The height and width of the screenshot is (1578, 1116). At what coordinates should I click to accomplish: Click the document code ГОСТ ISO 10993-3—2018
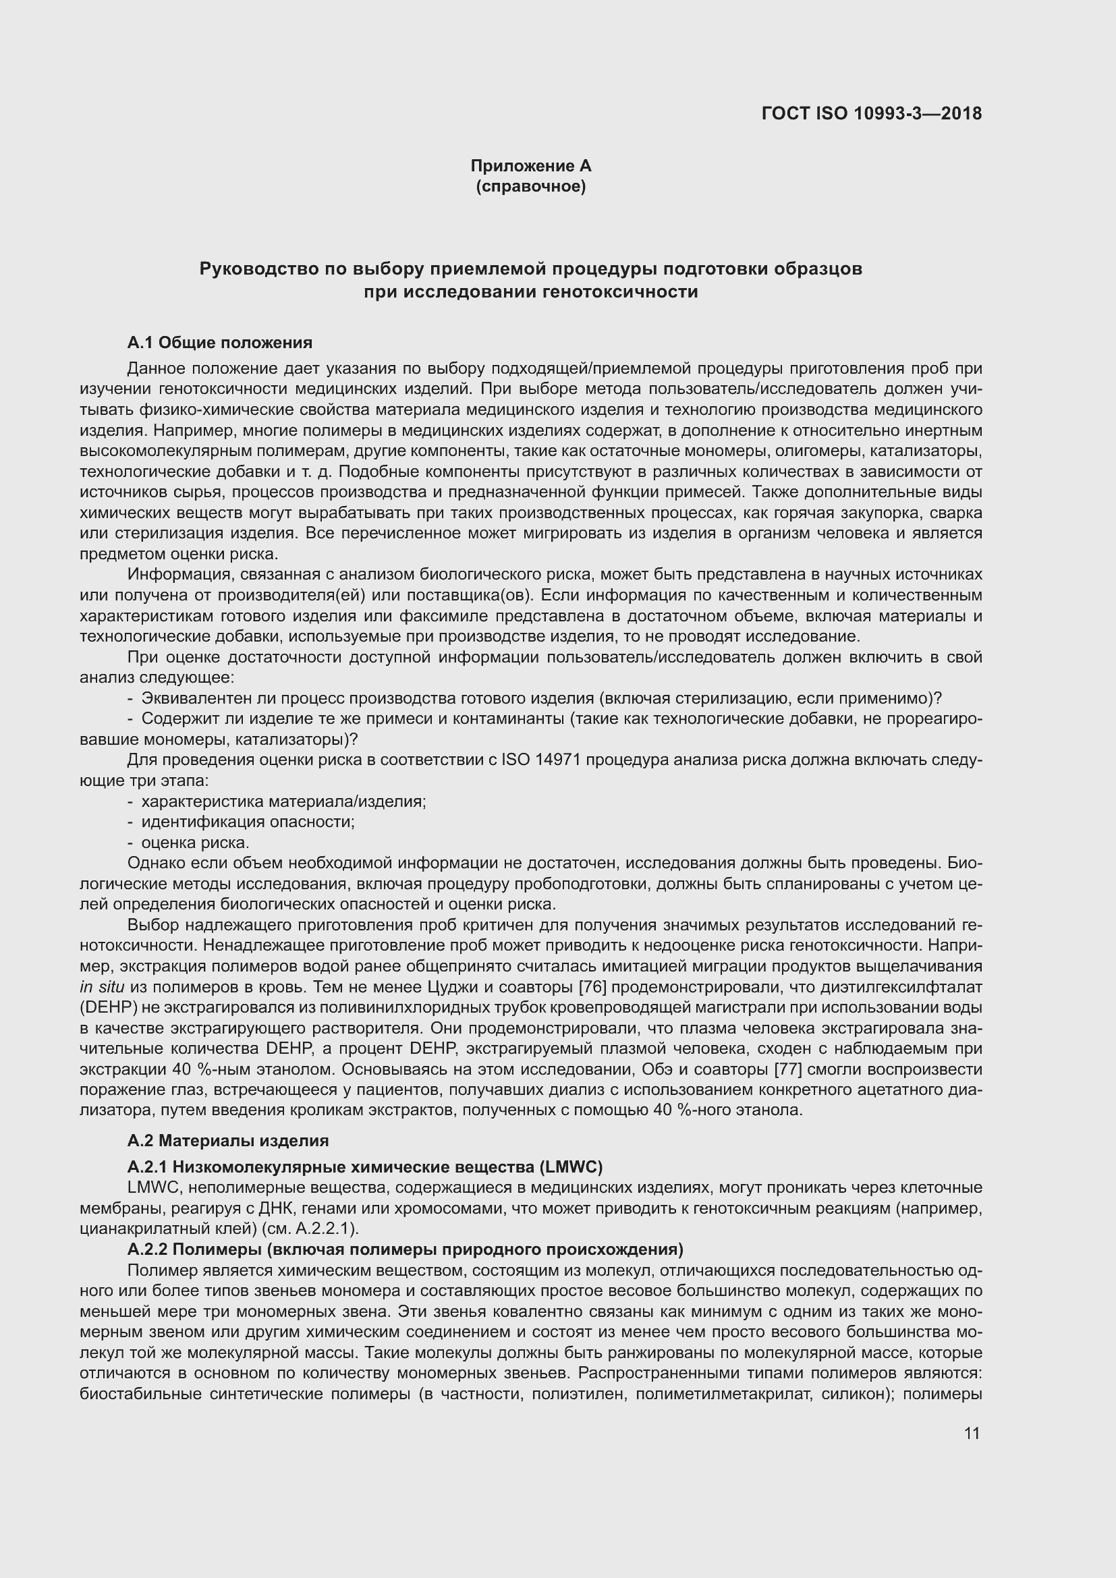[x=871, y=113]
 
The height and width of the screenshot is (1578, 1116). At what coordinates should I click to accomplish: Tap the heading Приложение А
[x=530, y=166]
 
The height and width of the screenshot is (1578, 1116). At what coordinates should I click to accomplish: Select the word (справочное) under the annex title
[x=530, y=186]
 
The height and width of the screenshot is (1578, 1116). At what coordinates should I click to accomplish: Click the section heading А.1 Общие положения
[x=219, y=342]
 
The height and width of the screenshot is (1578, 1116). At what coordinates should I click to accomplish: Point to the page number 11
[x=972, y=1433]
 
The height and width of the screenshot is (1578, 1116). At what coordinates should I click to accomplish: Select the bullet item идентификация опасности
[x=248, y=821]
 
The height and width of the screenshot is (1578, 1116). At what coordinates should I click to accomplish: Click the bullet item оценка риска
[x=194, y=842]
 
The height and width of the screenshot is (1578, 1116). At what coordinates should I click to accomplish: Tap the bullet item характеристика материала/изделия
[x=283, y=801]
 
